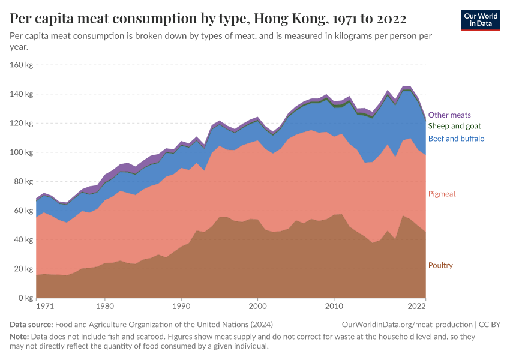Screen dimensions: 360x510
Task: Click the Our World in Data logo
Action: pyautogui.click(x=480, y=20)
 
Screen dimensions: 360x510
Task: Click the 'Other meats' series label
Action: pyautogui.click(x=449, y=115)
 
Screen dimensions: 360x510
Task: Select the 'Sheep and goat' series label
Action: pyautogui.click(x=454, y=126)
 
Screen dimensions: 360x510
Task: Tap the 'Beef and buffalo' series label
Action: pyautogui.click(x=456, y=139)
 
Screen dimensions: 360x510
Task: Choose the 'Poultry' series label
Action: pyautogui.click(x=440, y=265)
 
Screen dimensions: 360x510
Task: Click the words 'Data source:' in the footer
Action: pyautogui.click(x=32, y=324)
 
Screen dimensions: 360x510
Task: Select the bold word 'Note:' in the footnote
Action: pyautogui.click(x=20, y=337)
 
